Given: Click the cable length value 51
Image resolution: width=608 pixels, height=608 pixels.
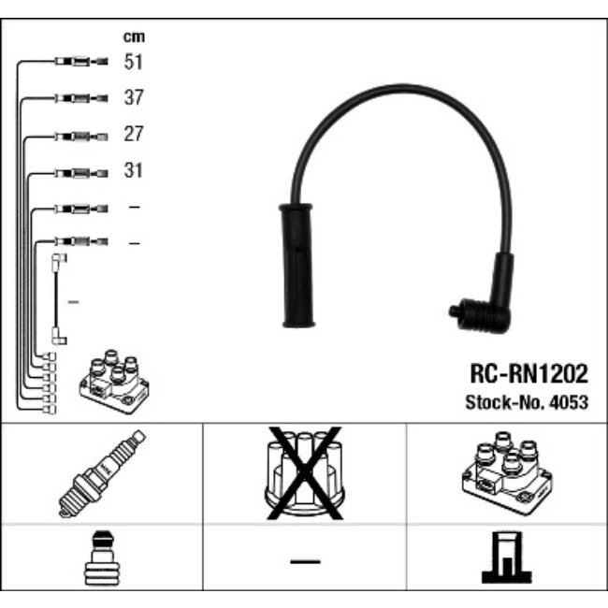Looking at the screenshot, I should (134, 62).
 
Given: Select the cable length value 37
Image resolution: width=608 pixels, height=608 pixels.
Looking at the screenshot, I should (134, 97).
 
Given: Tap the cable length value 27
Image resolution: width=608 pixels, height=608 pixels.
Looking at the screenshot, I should (134, 135).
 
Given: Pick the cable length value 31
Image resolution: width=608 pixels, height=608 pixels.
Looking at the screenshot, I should (134, 171).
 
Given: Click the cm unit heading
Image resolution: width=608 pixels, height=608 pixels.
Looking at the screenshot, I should (134, 36).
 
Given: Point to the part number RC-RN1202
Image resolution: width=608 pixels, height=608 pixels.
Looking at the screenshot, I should (528, 375).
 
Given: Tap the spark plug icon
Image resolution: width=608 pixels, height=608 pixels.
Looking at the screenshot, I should (102, 473).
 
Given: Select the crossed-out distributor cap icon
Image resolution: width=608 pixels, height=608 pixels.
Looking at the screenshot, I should (305, 473).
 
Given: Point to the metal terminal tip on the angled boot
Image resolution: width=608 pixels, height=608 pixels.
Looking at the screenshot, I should (454, 310).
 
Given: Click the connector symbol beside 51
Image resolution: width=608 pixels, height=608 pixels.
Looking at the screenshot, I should (81, 62).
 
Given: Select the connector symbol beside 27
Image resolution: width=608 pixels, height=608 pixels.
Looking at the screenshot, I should (81, 136).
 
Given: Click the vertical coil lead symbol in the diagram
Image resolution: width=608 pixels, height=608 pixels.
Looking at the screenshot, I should (57, 300).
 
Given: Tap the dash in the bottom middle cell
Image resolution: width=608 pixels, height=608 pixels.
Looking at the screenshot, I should (304, 561).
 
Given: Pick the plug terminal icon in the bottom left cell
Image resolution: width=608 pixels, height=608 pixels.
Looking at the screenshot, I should (100, 561).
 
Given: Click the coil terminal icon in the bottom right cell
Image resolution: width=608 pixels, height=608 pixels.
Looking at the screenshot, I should (505, 559).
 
